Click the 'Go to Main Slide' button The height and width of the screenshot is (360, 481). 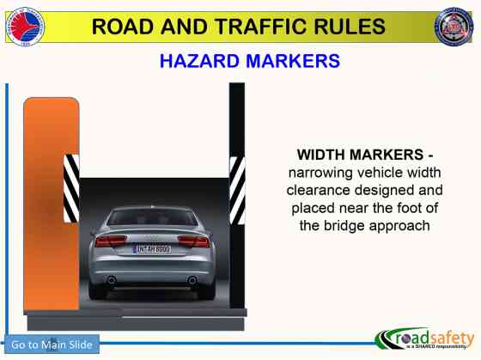(x=52, y=345)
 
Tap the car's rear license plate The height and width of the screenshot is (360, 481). (x=153, y=249)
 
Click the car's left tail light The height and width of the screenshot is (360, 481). (x=108, y=241)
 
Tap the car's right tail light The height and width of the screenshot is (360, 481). (x=196, y=241)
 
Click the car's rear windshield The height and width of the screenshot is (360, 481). (x=152, y=217)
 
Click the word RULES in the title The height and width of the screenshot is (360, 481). (x=351, y=27)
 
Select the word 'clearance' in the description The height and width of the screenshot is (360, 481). (x=322, y=190)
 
